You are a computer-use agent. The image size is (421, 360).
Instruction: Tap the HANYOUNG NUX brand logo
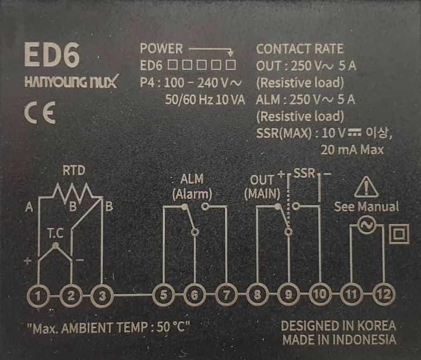click(x=71, y=83)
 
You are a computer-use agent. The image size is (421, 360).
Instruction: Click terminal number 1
click(x=39, y=295)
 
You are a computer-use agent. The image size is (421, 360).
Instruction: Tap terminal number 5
click(x=163, y=295)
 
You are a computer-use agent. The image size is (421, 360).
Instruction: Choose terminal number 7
click(x=226, y=295)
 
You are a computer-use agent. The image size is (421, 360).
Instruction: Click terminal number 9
click(x=289, y=295)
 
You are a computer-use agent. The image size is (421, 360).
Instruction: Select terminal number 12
click(x=383, y=295)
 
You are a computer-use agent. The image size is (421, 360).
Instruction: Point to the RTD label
click(x=74, y=172)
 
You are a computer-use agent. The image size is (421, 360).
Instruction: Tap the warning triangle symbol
click(x=367, y=187)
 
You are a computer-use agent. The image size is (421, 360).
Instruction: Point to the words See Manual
click(x=367, y=207)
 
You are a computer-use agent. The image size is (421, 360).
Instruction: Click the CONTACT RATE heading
click(x=299, y=49)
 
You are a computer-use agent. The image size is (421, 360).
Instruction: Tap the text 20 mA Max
click(x=352, y=150)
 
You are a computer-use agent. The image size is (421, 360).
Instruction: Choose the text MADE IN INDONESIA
click(x=339, y=340)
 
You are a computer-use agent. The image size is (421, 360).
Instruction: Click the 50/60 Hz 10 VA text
click(x=205, y=100)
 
